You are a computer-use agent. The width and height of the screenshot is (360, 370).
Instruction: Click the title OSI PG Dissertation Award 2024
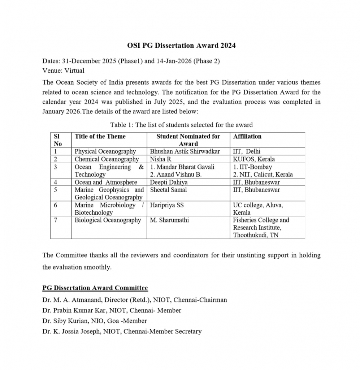(181, 46)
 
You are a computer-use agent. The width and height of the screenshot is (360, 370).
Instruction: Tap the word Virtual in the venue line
(74, 70)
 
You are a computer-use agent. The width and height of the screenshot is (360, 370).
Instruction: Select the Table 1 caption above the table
(181, 125)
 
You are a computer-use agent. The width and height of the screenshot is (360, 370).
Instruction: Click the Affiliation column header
(247, 137)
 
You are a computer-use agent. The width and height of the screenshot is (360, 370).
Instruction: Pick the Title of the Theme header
(100, 137)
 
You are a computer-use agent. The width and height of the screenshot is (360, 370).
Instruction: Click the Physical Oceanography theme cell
(105, 152)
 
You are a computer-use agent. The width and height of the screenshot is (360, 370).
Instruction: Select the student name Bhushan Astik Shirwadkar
(185, 152)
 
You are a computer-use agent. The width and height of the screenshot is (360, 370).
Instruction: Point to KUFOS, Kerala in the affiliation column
(254, 159)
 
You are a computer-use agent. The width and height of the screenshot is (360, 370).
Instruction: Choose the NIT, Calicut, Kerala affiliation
(263, 175)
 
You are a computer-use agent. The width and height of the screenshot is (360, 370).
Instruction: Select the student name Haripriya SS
(167, 205)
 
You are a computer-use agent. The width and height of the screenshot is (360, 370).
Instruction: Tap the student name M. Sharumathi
(169, 220)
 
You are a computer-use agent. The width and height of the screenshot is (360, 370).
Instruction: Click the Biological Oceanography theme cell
(108, 220)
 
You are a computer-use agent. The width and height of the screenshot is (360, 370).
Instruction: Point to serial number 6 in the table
(55, 205)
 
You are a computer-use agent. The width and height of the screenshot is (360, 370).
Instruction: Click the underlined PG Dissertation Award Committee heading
(95, 288)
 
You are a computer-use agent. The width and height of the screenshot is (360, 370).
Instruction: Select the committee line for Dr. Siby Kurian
(95, 321)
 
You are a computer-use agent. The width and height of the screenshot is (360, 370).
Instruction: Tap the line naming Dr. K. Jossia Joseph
(122, 331)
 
